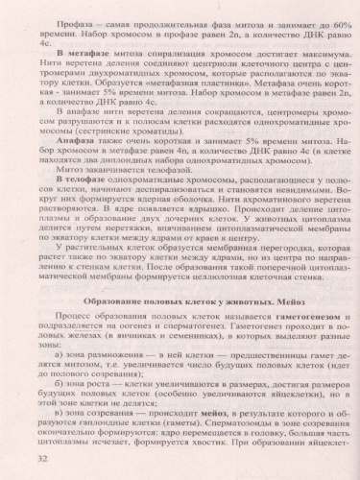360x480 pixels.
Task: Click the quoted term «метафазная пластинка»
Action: click(x=172, y=81)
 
